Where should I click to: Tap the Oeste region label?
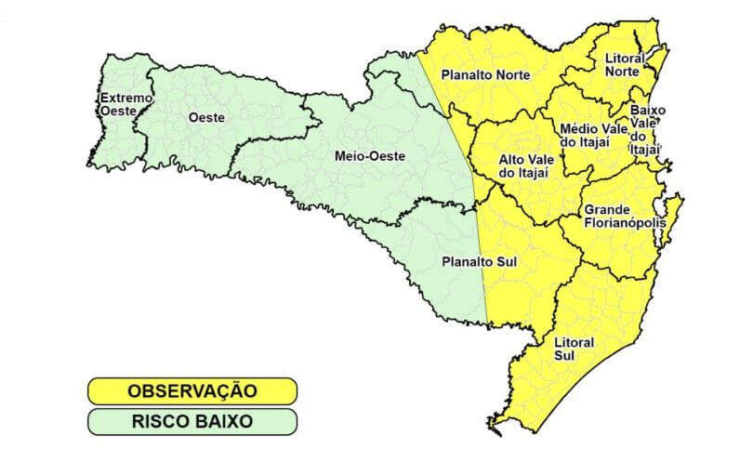click(x=204, y=117)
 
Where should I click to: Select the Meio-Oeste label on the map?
click(x=369, y=156)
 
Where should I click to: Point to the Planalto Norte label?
click(x=485, y=74)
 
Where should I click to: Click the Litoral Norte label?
click(x=624, y=64)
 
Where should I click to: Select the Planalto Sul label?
click(x=478, y=262)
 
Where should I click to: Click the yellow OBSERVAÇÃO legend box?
click(x=192, y=390)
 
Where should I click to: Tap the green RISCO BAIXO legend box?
click(x=192, y=421)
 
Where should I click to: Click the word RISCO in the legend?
click(x=160, y=421)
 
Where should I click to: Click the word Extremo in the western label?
click(x=125, y=97)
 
